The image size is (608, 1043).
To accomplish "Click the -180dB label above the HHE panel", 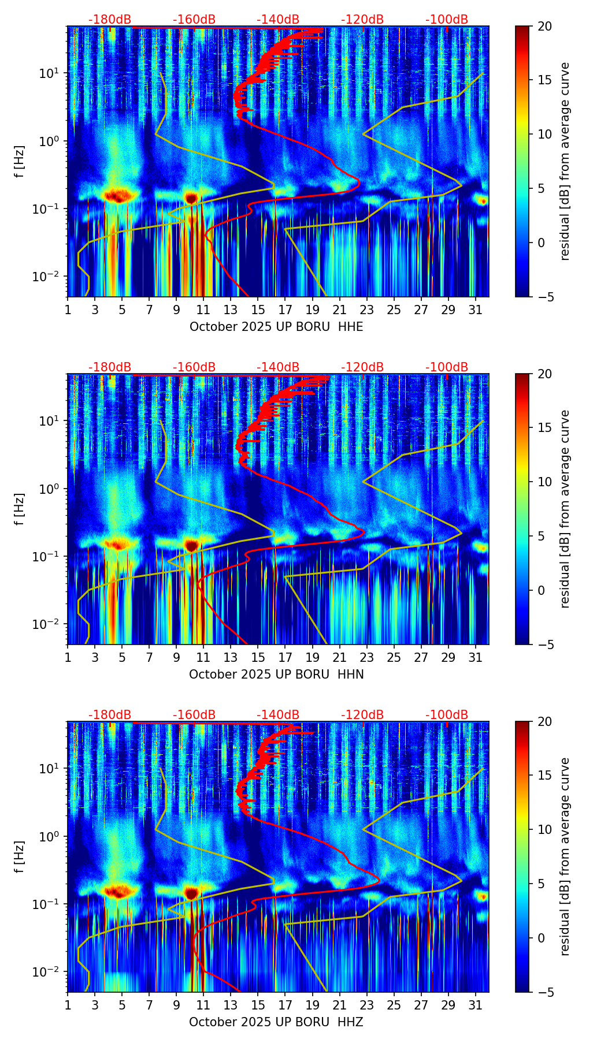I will [110, 20].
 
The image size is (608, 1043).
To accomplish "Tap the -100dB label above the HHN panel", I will [447, 367].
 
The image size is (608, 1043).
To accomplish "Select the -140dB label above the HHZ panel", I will [278, 715].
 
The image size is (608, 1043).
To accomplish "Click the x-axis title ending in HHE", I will [276, 327].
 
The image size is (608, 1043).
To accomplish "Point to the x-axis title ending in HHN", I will [276, 675].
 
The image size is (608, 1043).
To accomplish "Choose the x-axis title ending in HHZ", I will [276, 1022].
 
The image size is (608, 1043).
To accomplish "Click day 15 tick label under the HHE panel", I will [258, 310].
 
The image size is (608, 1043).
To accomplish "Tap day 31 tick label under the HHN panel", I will [475, 657].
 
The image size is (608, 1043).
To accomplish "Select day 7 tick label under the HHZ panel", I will [149, 1005].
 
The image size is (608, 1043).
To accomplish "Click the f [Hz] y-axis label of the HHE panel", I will [20, 162].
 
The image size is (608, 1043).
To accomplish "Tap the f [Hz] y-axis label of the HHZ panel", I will [20, 857].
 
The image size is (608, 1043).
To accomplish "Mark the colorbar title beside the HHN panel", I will [565, 509].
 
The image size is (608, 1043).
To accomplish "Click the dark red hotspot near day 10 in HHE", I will [191, 198].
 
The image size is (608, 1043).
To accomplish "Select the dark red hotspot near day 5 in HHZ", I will [118, 892].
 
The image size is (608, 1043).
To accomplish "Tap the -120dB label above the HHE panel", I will [362, 20].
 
